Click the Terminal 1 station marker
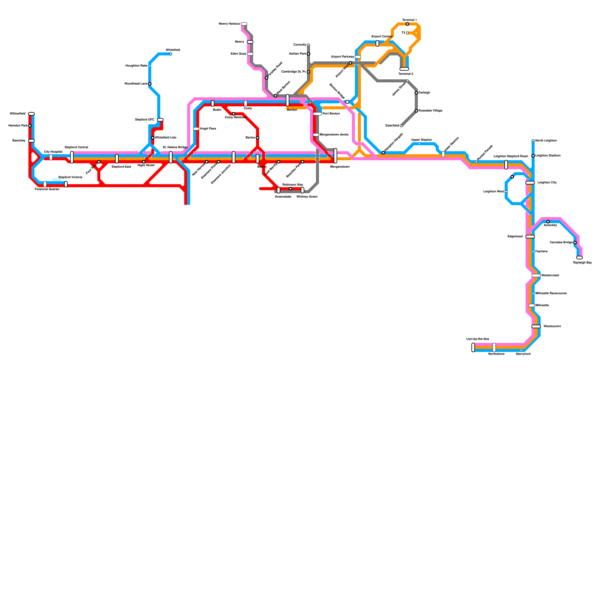(x=407, y=24)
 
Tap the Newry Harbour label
(x=229, y=24)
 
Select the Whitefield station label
(x=173, y=50)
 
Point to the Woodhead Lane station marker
(x=150, y=84)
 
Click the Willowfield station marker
(x=31, y=114)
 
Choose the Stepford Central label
(x=76, y=147)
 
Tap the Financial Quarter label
(x=47, y=189)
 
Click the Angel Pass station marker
(x=196, y=129)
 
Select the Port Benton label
(x=331, y=113)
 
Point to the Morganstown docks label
(x=334, y=134)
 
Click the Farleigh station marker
(x=416, y=93)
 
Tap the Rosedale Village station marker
(x=416, y=111)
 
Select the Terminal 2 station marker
(x=404, y=69)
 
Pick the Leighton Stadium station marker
(x=533, y=156)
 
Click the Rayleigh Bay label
(x=582, y=262)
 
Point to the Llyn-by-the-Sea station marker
(x=473, y=347)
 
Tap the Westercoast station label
(x=550, y=276)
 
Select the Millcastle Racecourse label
(x=551, y=294)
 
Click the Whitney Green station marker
(x=302, y=190)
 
